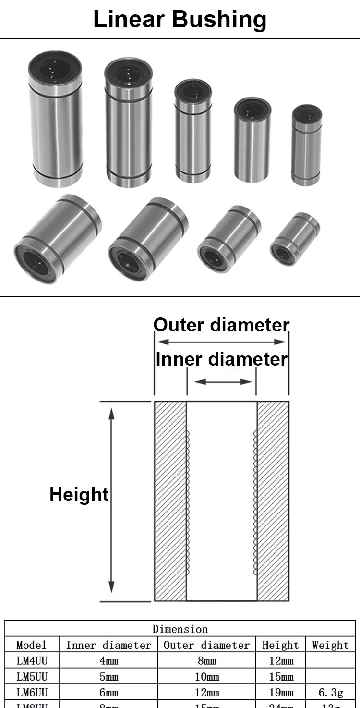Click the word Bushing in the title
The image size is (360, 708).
tap(219, 20)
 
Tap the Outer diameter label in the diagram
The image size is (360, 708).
tap(221, 325)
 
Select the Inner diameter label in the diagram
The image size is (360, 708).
tap(222, 359)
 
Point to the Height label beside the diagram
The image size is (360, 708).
tap(79, 494)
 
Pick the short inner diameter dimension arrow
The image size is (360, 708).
tap(222, 382)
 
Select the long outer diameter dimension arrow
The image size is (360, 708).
tap(221, 342)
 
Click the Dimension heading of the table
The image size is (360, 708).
tap(180, 629)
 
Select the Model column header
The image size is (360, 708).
tap(32, 645)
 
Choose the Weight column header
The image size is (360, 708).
tap(330, 645)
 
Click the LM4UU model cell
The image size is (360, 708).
tap(32, 660)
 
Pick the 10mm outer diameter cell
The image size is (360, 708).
tap(207, 677)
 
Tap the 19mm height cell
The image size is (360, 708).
tap(281, 693)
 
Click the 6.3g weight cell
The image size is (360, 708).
tap(330, 693)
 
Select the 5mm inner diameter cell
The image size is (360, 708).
tap(108, 677)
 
